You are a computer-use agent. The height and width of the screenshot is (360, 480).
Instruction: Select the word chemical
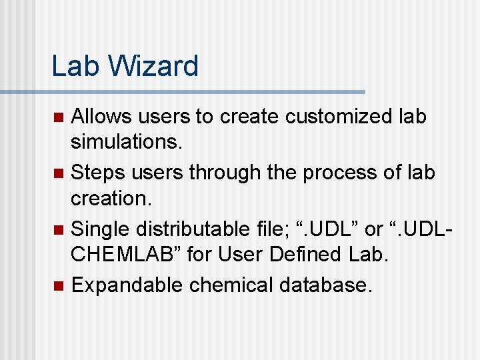point(231,285)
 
